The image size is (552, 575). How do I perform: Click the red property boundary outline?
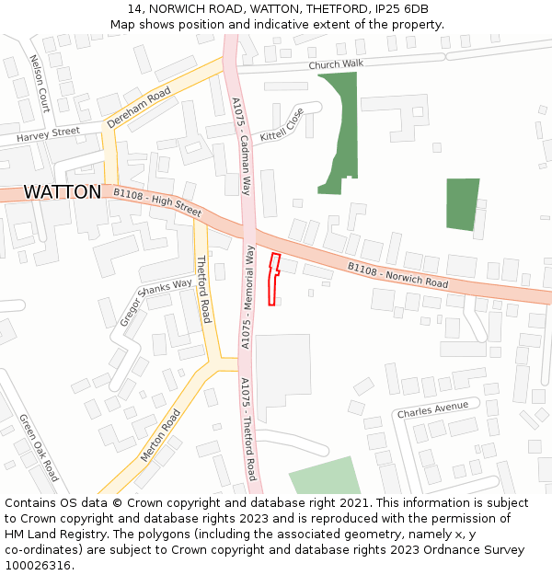tap(272, 279)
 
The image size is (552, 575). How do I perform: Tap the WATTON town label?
tap(63, 192)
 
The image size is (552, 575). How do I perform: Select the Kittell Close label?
tap(282, 124)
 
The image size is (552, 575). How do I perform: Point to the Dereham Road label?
tap(139, 108)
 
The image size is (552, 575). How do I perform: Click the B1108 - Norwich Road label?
tap(397, 275)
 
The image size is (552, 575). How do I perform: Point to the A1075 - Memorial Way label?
tap(247, 296)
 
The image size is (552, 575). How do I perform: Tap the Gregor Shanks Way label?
tap(155, 303)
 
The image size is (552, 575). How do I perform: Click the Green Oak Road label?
tap(39, 447)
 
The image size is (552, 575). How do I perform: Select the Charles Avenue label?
tap(432, 409)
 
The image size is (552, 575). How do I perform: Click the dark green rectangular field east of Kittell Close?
tap(463, 203)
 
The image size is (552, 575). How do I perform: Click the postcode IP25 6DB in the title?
tap(402, 9)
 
